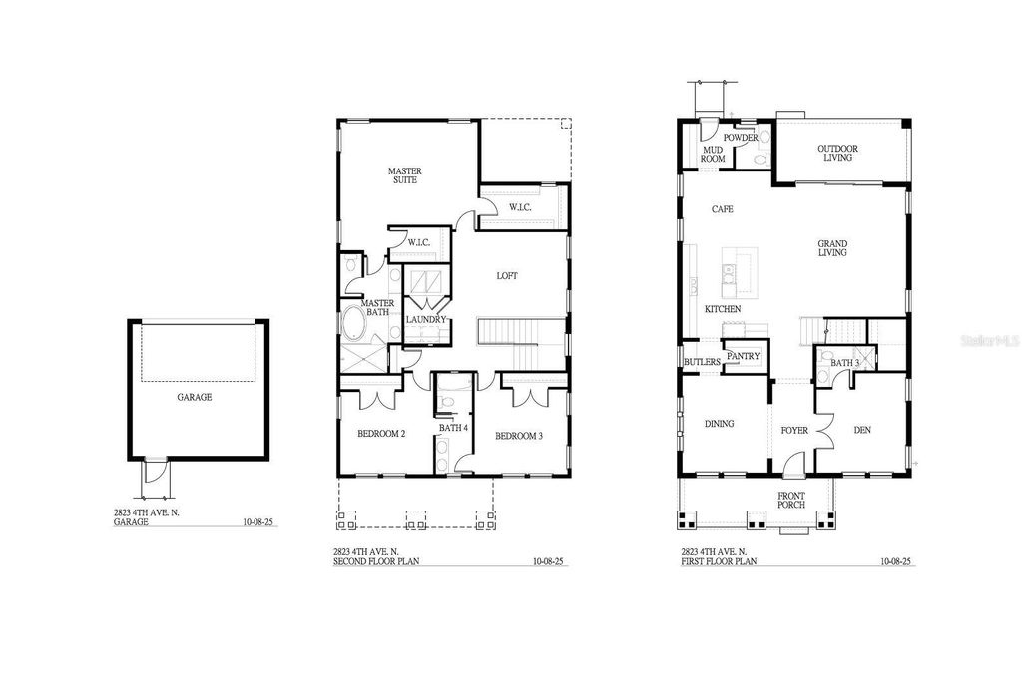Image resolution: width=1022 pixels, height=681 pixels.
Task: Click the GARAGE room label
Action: [195, 397]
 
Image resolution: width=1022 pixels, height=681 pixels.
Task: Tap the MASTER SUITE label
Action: [404, 176]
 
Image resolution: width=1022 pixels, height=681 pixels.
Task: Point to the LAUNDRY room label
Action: [425, 319]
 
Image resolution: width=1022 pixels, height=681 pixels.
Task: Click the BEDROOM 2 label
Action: [380, 434]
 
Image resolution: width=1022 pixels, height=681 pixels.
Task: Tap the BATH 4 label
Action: [453, 429]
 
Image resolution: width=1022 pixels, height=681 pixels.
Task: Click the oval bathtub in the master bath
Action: [354, 327]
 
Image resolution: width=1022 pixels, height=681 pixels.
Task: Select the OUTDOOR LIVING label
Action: [839, 153]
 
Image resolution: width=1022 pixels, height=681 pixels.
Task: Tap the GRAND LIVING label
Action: [832, 248]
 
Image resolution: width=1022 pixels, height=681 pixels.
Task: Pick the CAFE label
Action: [722, 209]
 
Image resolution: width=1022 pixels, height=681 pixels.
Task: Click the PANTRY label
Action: [744, 356]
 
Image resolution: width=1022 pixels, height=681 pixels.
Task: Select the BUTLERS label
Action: [702, 361]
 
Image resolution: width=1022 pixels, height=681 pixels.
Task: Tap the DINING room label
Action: [719, 424]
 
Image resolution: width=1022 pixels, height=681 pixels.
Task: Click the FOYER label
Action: [794, 431]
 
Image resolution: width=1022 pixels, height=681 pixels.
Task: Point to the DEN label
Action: [863, 431]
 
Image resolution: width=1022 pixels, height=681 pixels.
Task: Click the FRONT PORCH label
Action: [791, 500]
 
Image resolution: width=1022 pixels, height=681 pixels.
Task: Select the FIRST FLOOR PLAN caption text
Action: [719, 562]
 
